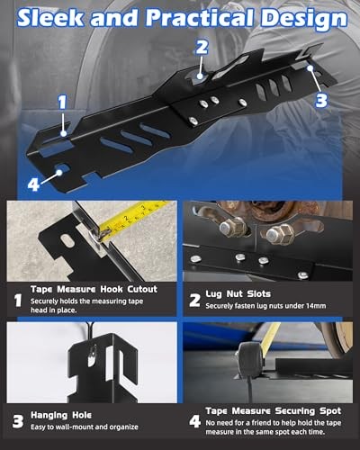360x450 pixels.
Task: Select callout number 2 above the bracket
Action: click(202, 47)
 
